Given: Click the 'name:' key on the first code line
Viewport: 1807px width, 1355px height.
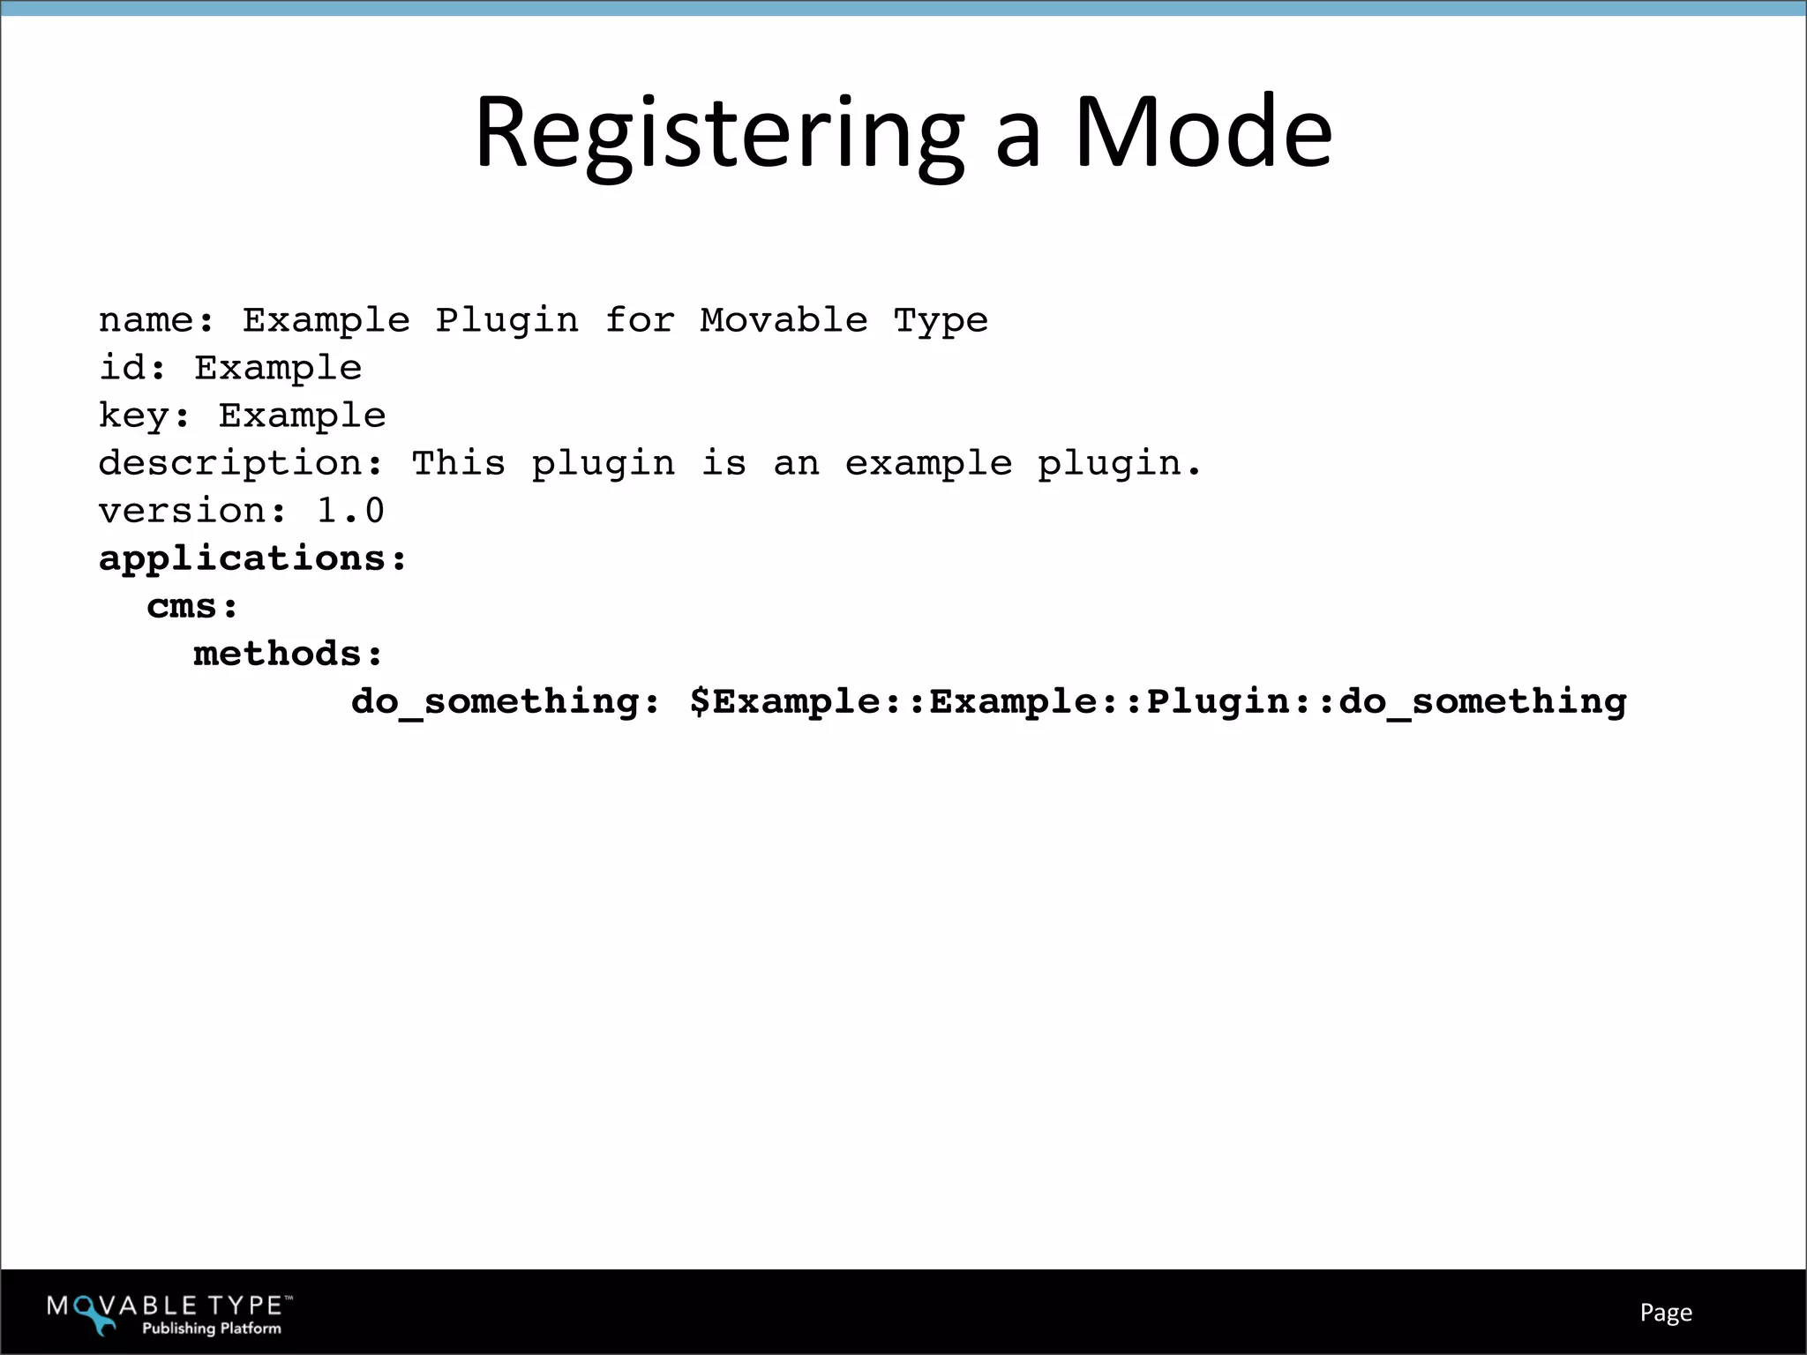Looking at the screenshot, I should [x=156, y=320].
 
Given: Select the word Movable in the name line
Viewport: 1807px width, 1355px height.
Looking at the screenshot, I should [x=784, y=320].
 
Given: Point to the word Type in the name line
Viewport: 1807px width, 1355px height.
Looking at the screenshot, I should [x=941, y=321].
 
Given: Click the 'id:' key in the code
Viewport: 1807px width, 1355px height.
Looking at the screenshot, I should [x=132, y=368].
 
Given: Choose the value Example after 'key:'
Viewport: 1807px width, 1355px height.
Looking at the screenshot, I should [x=302, y=415].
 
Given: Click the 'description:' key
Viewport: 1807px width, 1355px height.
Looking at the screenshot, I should [x=241, y=464].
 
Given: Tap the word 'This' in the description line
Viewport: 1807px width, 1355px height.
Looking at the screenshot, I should [x=458, y=463].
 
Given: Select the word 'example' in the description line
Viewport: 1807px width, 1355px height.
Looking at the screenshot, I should [x=928, y=464].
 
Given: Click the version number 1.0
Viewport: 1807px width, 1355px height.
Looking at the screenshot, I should [x=349, y=511].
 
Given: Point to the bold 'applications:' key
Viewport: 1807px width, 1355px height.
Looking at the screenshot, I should [x=252, y=559].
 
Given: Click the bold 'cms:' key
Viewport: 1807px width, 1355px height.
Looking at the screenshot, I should [x=192, y=607].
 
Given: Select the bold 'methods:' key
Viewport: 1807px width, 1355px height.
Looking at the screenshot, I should [x=289, y=654].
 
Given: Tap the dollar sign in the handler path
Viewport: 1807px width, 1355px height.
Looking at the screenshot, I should [x=700, y=701].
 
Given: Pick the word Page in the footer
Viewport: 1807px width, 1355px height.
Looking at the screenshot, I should [x=1666, y=1313].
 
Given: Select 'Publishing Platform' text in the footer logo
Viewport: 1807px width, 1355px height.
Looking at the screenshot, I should [x=212, y=1328].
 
